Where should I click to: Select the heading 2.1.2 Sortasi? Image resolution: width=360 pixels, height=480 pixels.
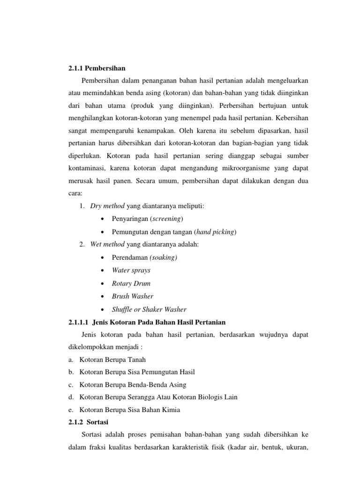click(88, 422)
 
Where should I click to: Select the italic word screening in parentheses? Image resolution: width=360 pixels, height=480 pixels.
click(168, 219)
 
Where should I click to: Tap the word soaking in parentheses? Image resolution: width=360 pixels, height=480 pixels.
click(164, 257)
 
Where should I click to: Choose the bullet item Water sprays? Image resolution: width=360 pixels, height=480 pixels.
click(131, 270)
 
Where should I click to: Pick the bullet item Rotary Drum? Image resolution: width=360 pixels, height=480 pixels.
click(131, 283)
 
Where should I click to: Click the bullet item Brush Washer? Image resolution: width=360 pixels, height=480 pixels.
click(133, 296)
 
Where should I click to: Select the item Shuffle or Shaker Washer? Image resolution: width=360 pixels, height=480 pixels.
click(149, 309)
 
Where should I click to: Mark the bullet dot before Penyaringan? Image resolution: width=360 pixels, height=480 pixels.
click(102, 219)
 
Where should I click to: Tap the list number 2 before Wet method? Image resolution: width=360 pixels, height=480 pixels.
click(82, 244)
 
